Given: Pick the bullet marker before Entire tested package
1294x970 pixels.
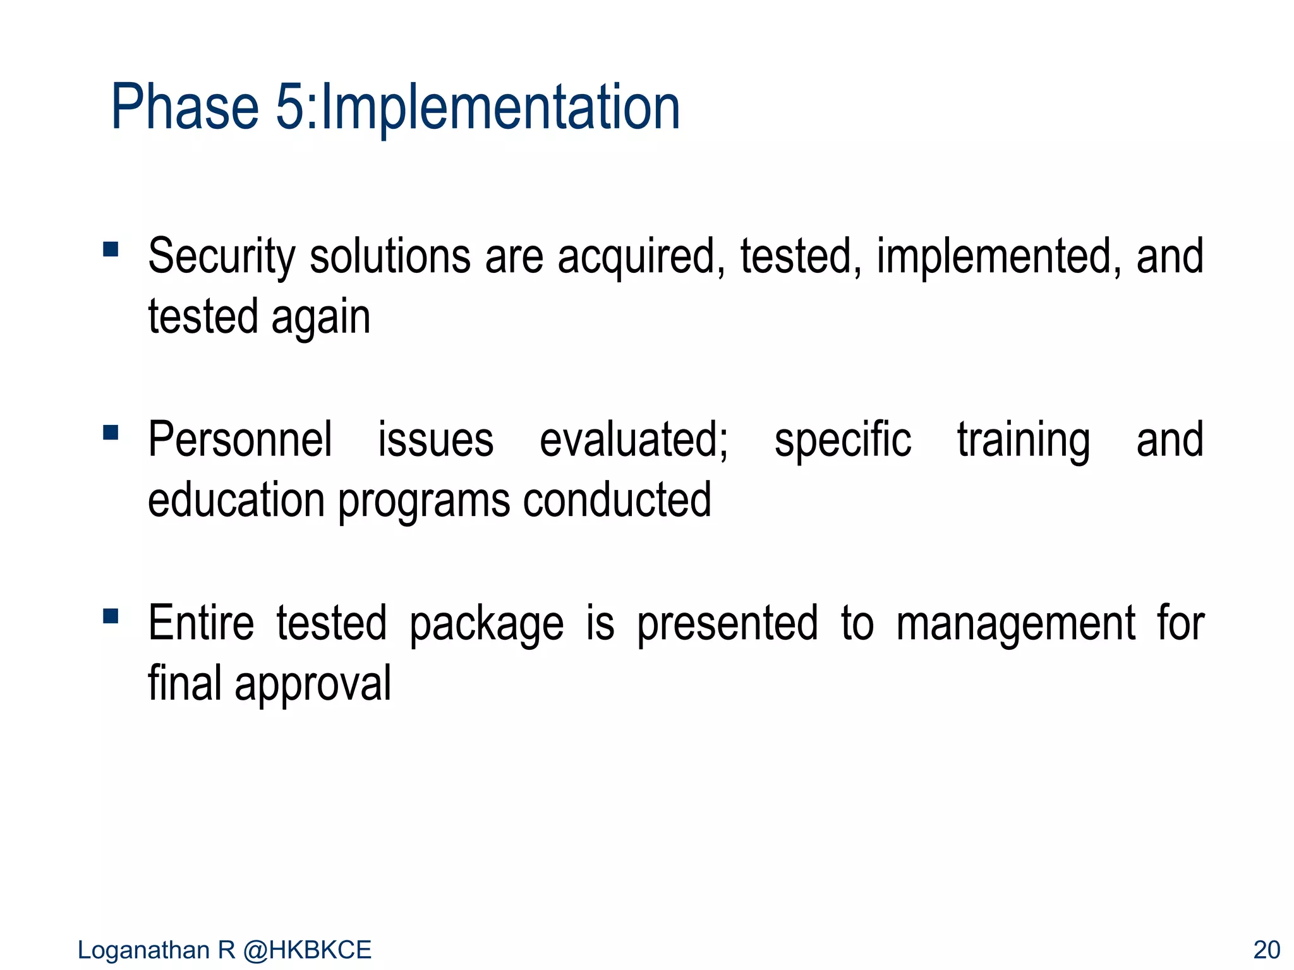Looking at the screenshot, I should tap(111, 616).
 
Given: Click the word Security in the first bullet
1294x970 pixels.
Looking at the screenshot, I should tap(221, 257).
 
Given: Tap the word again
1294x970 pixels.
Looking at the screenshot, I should tap(320, 318).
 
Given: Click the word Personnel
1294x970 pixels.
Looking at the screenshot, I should tap(239, 440).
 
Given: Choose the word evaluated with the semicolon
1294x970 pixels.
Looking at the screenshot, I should tap(633, 440).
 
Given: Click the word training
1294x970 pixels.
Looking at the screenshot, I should tap(1023, 440).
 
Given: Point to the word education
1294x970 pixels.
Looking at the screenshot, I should tap(236, 500).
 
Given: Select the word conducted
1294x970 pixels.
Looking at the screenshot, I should tap(617, 500).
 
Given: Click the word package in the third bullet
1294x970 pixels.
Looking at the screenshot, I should tap(487, 624).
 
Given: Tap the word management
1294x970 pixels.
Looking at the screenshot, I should tap(1015, 624).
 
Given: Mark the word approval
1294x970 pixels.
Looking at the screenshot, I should tap(313, 685).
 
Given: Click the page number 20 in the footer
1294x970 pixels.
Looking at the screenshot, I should tap(1266, 950).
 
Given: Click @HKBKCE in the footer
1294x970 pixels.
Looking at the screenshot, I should tap(307, 950).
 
